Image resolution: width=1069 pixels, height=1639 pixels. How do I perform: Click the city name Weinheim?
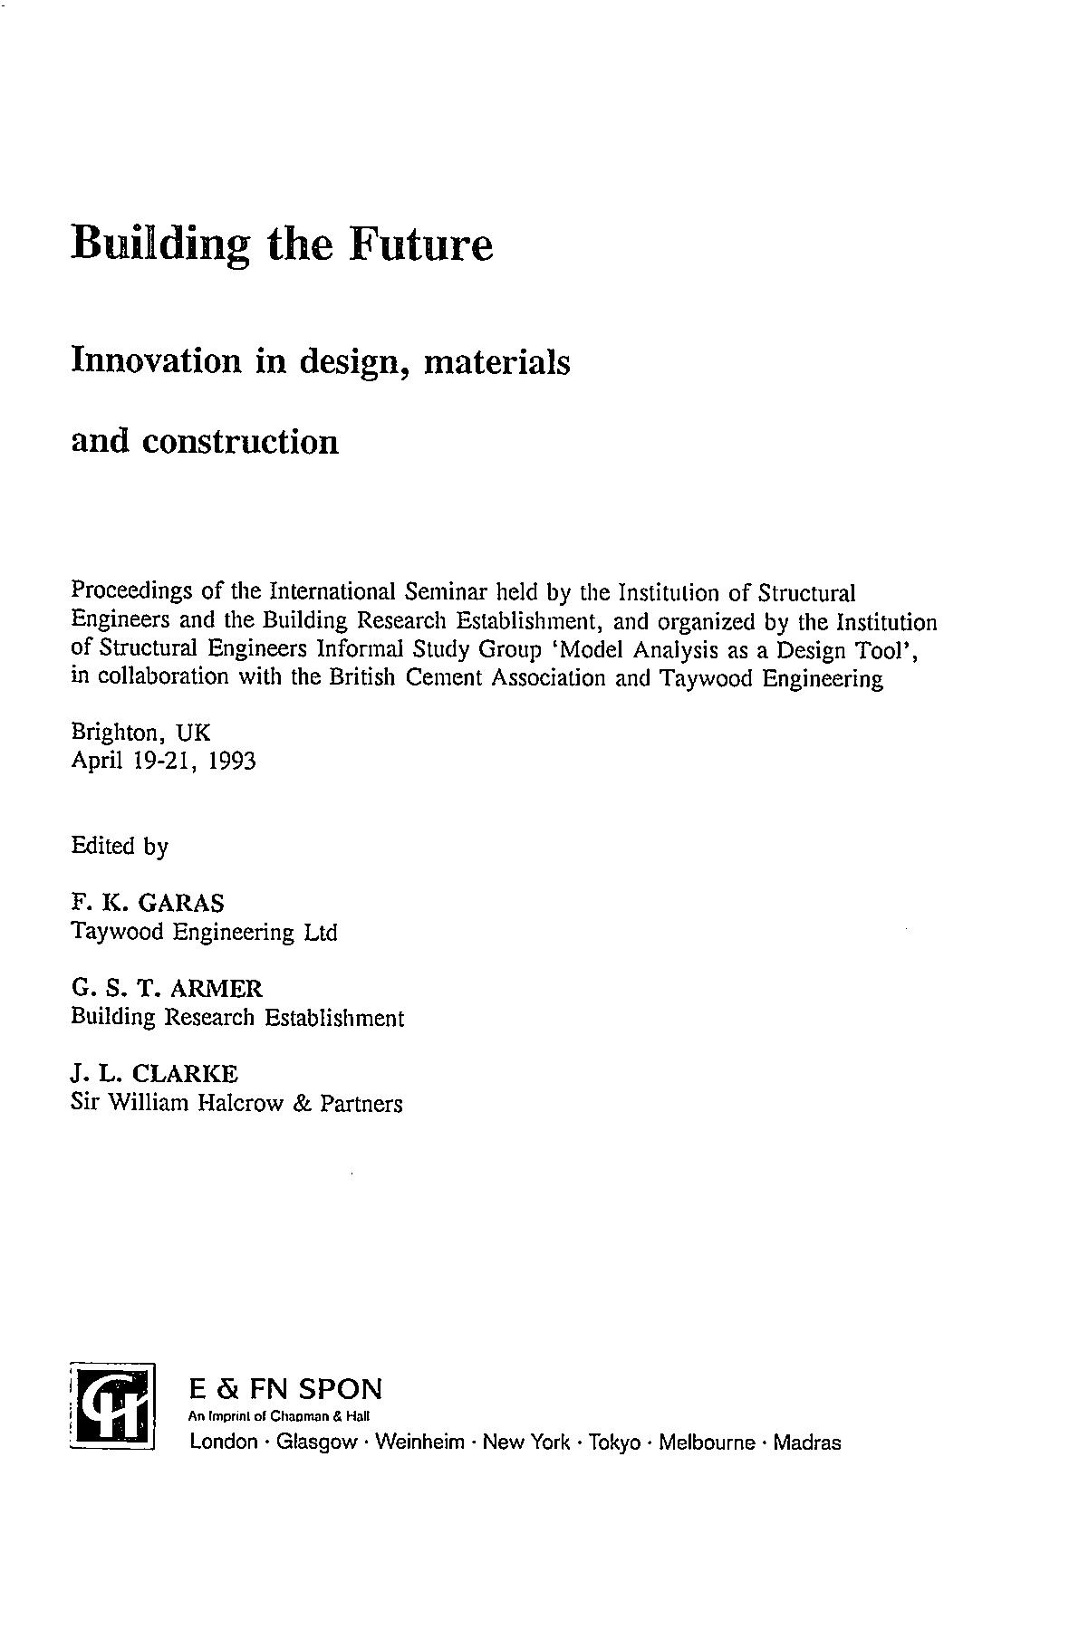click(x=419, y=1443)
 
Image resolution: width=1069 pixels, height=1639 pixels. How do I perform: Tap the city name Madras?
click(x=808, y=1443)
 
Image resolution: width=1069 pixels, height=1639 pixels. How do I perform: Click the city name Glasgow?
click(x=316, y=1443)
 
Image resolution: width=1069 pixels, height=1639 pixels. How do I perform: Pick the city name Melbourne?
click(x=707, y=1443)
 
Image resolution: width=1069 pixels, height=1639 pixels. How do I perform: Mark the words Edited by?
click(x=120, y=847)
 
